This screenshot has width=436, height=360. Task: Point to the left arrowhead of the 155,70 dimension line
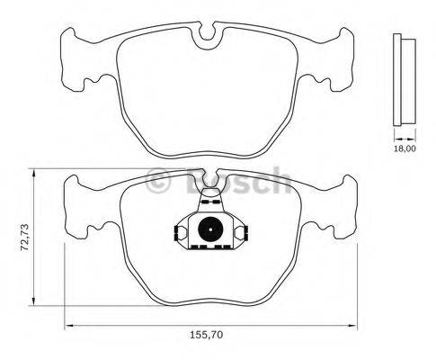[67, 325]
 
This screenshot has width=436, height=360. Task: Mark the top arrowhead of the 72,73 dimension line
[34, 171]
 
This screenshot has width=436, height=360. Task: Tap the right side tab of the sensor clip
[241, 233]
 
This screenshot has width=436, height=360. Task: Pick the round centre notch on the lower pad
[209, 183]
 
